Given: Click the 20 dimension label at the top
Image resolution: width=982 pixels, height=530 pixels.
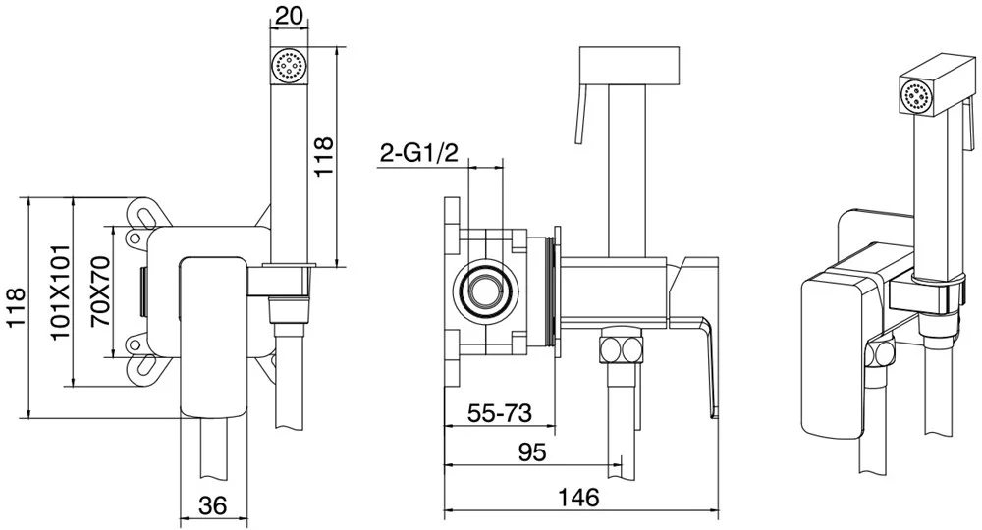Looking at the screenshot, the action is click(289, 16).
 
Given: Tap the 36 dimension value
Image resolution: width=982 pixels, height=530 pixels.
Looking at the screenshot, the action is click(212, 504).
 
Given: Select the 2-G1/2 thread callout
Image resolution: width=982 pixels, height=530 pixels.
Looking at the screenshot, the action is click(419, 154).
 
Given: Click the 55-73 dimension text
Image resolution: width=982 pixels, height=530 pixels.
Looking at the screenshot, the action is click(500, 413).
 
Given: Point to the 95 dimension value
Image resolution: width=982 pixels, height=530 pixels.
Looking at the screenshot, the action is click(532, 451).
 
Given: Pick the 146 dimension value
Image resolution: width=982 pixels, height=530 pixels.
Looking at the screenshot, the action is click(577, 498).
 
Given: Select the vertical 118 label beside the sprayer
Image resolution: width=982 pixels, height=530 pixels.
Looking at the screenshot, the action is click(324, 156).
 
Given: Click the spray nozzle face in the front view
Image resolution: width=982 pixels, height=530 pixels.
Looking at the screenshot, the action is click(289, 65).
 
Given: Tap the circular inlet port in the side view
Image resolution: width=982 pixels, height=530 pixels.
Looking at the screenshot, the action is click(484, 290).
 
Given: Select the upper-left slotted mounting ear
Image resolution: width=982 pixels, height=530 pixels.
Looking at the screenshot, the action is click(144, 214).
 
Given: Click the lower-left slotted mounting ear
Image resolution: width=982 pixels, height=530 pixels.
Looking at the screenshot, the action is click(144, 369).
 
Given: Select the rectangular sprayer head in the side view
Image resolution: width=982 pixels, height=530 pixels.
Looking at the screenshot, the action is click(630, 65).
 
